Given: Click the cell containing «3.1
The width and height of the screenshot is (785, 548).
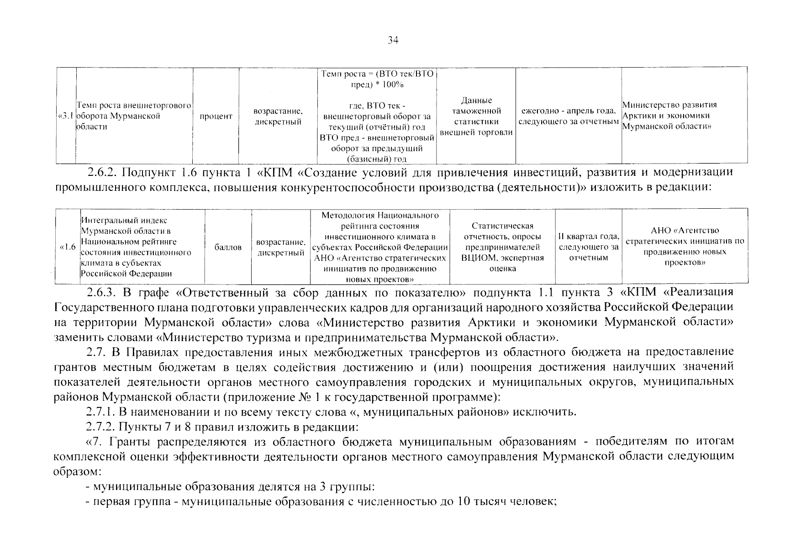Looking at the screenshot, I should pos(66,116).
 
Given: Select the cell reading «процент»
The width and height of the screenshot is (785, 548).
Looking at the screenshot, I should pos(216,116).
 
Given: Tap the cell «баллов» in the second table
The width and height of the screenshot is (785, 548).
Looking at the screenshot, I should pos(228,247).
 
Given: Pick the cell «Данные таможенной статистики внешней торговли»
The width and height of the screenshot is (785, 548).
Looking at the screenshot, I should pos(476,116).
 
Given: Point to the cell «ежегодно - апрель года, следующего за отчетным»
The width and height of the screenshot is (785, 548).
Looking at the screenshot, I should pos(568,116).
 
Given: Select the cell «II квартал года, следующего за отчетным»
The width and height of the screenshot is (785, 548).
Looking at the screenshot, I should pos(589,247).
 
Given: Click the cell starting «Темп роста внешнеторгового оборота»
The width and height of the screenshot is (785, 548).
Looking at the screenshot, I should pos(134,116).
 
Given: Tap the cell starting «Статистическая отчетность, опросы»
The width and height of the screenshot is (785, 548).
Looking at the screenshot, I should pos(502,247).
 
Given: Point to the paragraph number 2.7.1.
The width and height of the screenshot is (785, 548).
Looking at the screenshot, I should pos(101,412).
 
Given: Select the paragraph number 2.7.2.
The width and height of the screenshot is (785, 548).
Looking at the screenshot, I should pos(101,427).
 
